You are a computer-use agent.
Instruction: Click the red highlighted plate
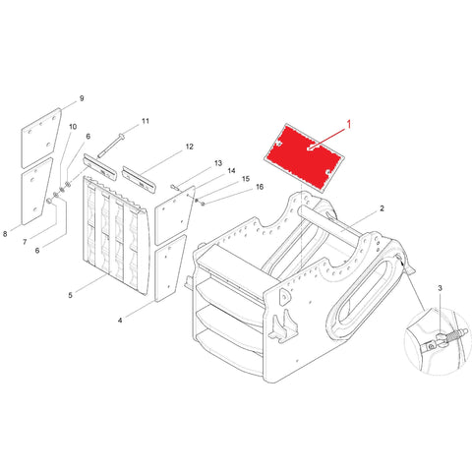tap(304, 157)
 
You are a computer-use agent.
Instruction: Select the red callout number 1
tap(349, 125)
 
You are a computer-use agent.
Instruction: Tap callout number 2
tap(382, 208)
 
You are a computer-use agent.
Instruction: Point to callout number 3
tap(440, 288)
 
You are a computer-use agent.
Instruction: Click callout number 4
tap(120, 321)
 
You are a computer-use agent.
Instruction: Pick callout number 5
tap(70, 295)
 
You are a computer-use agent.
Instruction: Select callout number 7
tap(25, 242)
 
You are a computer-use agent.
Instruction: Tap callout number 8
tap(5, 234)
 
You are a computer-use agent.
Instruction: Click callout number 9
tap(82, 98)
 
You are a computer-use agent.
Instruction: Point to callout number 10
tap(73, 127)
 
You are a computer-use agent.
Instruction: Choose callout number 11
tap(146, 121)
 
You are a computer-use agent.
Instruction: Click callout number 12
tap(190, 147)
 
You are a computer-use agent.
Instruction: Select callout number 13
tap(218, 163)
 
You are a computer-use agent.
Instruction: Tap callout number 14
tap(231, 171)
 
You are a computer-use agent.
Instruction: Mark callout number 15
tap(246, 179)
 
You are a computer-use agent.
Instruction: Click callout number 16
tap(260, 187)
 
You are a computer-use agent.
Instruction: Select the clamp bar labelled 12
tap(140, 179)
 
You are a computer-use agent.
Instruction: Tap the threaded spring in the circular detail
tap(456, 335)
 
